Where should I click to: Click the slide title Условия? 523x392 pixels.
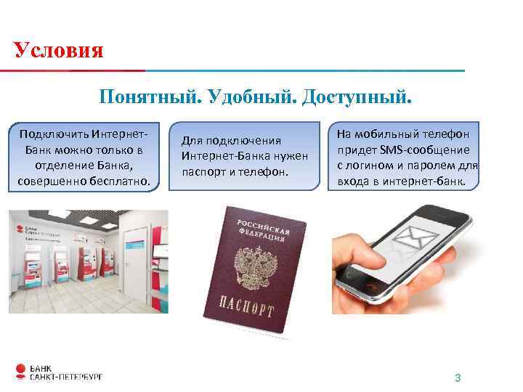pyautogui.click(x=59, y=50)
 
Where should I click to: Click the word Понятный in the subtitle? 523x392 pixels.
pyautogui.click(x=148, y=96)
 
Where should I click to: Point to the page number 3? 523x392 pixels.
pyautogui.click(x=458, y=377)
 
